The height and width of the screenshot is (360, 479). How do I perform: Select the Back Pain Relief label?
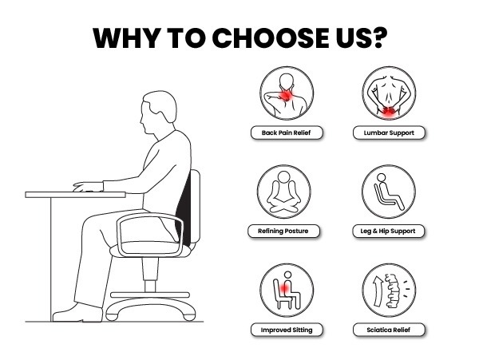point(287,133)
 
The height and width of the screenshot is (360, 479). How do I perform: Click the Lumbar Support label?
point(389,133)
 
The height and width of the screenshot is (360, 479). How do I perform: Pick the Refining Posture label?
point(283,231)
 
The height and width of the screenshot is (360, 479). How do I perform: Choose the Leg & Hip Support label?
point(388,231)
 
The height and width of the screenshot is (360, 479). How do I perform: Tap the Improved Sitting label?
point(287,330)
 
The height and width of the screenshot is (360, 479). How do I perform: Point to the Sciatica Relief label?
point(389,330)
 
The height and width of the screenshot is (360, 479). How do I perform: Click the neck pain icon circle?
point(287,93)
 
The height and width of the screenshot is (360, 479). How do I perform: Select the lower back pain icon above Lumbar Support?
point(389,93)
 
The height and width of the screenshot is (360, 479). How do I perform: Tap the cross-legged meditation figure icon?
point(283,192)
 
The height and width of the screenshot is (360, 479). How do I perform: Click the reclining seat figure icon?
point(389,192)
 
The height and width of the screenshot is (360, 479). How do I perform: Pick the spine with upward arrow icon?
point(389,291)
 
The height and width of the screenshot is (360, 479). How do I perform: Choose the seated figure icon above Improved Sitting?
point(287,291)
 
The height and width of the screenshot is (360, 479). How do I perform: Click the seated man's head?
point(159,112)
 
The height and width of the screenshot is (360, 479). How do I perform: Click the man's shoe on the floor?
point(77,313)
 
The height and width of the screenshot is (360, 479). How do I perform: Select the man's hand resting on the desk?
point(88,187)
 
